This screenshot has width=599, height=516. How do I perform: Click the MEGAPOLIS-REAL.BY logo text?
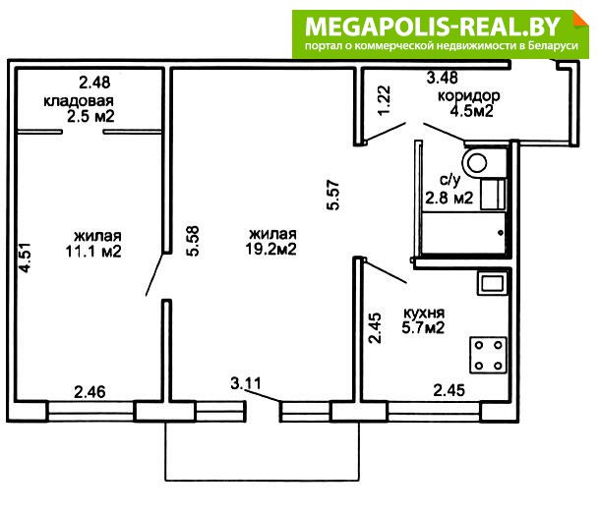(x=433, y=27)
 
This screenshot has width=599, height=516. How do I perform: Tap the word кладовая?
(x=79, y=101)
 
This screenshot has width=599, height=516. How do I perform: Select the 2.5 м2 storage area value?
(x=90, y=116)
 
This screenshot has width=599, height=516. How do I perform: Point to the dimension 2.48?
(x=94, y=82)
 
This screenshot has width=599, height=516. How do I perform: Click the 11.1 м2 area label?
(x=93, y=252)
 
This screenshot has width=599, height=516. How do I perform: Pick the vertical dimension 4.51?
(x=26, y=258)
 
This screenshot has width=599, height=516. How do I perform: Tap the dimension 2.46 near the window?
(x=90, y=392)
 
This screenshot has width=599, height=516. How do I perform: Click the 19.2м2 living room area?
(x=270, y=250)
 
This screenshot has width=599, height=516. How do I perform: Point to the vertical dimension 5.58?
(x=193, y=241)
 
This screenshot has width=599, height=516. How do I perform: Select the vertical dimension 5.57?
(x=333, y=195)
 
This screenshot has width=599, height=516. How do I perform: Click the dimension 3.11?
(x=246, y=383)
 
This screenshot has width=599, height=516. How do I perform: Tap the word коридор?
(x=469, y=95)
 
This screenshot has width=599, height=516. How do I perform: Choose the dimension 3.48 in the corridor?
(x=442, y=78)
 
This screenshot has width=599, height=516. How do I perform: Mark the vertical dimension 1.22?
(x=385, y=100)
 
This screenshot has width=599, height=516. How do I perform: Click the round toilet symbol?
(x=476, y=163)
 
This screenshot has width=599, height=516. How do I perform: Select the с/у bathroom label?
(x=450, y=180)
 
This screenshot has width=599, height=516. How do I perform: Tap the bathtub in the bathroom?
(x=464, y=233)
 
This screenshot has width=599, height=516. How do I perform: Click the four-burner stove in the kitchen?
(x=488, y=356)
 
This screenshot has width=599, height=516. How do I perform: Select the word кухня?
(x=424, y=314)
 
